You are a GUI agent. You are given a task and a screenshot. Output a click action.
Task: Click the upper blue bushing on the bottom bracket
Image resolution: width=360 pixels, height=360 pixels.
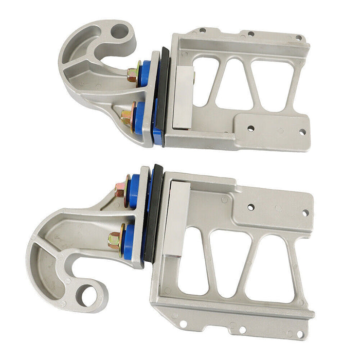(x=135, y=189)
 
